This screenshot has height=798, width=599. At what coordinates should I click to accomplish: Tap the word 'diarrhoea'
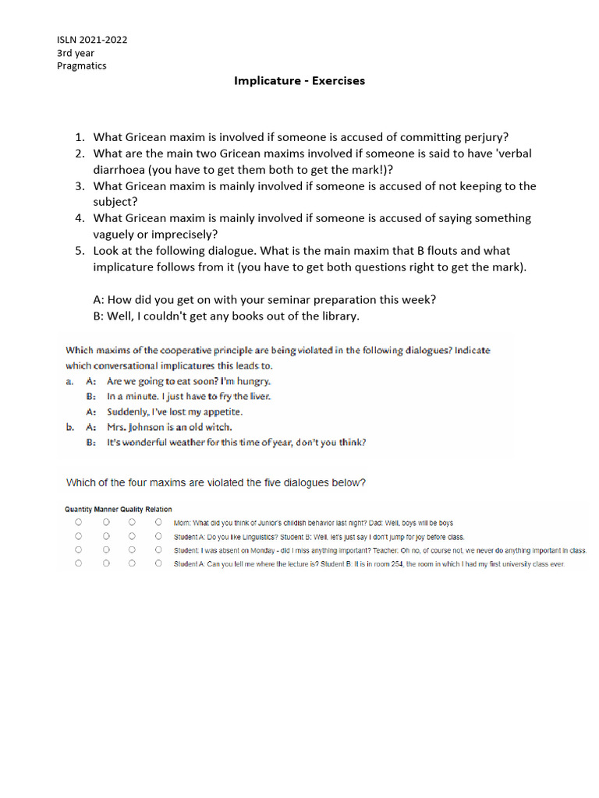coord(127,170)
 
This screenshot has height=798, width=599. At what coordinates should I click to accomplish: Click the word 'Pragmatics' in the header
coord(82,65)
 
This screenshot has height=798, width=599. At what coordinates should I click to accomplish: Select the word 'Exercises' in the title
coord(338,80)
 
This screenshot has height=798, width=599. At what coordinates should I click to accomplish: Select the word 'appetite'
coord(222,411)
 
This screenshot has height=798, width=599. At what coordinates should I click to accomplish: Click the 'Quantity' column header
coord(78,510)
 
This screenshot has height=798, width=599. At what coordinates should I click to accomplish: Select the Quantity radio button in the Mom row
coord(78,523)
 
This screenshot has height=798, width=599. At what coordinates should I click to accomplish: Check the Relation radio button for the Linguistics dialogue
coord(158,536)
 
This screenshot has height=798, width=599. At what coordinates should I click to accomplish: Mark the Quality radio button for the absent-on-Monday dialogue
coord(132,550)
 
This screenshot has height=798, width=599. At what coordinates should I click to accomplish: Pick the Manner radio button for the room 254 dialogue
coord(106,563)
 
